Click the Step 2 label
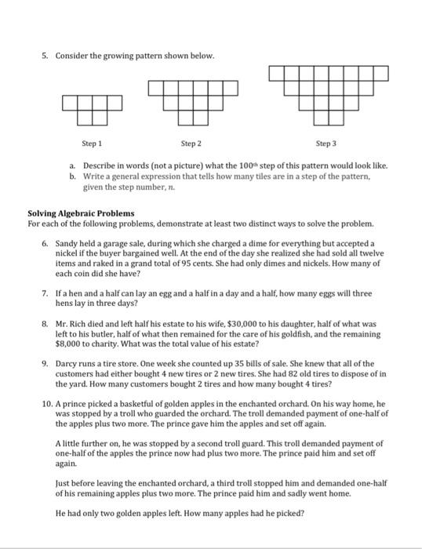pyautogui.click(x=191, y=144)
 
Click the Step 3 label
pyautogui.click(x=326, y=144)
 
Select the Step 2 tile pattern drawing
pyautogui.click(x=186, y=101)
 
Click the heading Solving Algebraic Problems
pyautogui.click(x=81, y=213)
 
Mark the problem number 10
pyautogui.click(x=45, y=403)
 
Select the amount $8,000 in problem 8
pyautogui.click(x=68, y=344)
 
